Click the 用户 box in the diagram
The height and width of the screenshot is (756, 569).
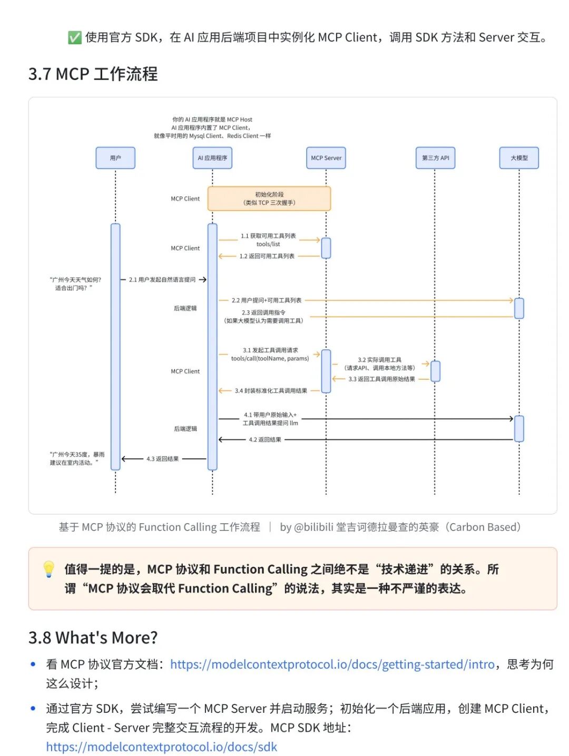[115, 158]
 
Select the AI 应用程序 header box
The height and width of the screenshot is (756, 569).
[212, 158]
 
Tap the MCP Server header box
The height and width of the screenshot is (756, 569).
[326, 158]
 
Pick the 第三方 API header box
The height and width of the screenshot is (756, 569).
[435, 158]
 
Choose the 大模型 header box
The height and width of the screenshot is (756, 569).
[519, 158]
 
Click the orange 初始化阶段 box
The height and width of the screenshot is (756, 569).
[269, 199]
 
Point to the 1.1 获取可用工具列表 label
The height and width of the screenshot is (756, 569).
[268, 236]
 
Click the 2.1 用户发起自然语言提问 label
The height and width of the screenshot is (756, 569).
[162, 280]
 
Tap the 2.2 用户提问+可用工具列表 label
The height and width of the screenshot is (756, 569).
[267, 300]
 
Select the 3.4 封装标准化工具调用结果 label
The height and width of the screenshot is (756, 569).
[271, 391]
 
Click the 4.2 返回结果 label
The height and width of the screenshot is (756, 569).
[265, 439]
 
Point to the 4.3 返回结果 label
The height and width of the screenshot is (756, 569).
[162, 459]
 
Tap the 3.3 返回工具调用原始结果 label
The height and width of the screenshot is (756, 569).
[381, 379]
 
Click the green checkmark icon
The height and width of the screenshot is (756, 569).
[75, 37]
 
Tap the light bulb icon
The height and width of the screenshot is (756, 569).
[48, 569]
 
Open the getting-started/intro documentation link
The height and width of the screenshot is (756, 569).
[332, 664]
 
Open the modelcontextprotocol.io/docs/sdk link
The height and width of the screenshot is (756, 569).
[161, 747]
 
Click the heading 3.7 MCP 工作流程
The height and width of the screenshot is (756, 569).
[93, 74]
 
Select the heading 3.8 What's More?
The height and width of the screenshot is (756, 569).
[93, 637]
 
